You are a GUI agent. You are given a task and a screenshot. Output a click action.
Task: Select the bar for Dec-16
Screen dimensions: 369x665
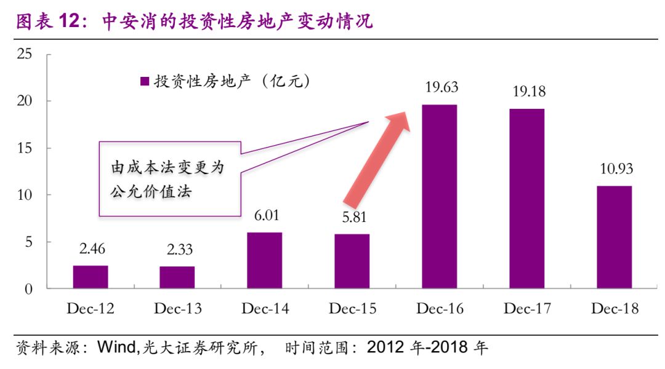[439, 197]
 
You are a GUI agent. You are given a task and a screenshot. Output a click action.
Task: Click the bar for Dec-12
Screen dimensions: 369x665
[91, 277]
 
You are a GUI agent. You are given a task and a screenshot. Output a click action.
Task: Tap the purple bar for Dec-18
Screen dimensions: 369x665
[614, 237]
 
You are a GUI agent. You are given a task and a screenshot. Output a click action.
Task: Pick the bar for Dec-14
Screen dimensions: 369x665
[265, 261]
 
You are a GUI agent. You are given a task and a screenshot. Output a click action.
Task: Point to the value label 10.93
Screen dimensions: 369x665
[615, 169]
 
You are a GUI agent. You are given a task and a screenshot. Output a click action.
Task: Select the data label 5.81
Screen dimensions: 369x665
[352, 217]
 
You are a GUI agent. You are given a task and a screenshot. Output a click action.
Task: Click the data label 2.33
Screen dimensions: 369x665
[178, 250]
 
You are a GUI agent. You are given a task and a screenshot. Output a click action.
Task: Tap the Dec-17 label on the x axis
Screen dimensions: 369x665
[526, 309]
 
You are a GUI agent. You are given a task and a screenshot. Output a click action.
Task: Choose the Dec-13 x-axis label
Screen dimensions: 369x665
[178, 309]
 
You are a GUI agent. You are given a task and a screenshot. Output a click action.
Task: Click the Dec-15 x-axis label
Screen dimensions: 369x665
[352, 309]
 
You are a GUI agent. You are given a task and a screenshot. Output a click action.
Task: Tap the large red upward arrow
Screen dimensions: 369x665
[377, 159]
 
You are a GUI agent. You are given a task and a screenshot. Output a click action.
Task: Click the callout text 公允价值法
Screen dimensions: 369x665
[151, 192]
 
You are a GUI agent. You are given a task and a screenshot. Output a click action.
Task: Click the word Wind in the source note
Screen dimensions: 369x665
[117, 348]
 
